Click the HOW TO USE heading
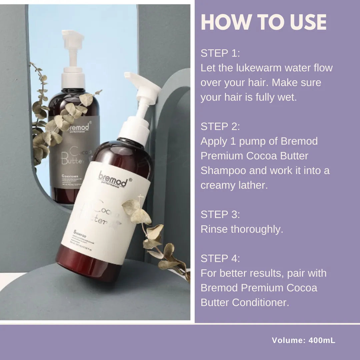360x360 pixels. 263,22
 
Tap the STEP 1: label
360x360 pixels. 220,53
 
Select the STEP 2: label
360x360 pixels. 220,127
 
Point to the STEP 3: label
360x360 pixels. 220,215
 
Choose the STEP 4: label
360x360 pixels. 220,259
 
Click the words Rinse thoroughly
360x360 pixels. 242,229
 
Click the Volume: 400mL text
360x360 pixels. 303,340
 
